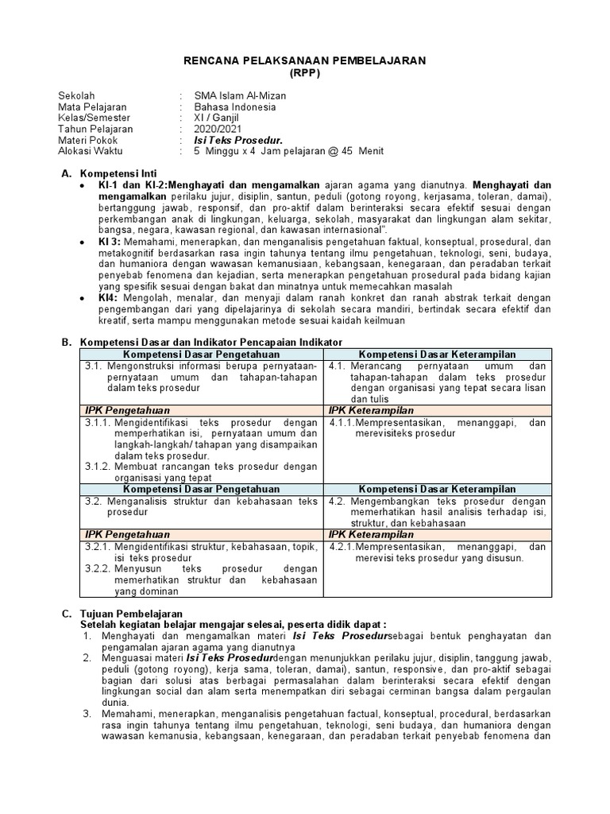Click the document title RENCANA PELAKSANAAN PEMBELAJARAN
(x=305, y=60)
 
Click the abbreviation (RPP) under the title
(x=305, y=72)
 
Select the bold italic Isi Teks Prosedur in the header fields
(x=239, y=140)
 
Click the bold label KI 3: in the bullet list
(x=110, y=240)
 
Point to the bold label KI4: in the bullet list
(x=108, y=297)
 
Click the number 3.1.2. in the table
(x=98, y=467)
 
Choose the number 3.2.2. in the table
(x=98, y=568)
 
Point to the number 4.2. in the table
(x=337, y=502)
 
